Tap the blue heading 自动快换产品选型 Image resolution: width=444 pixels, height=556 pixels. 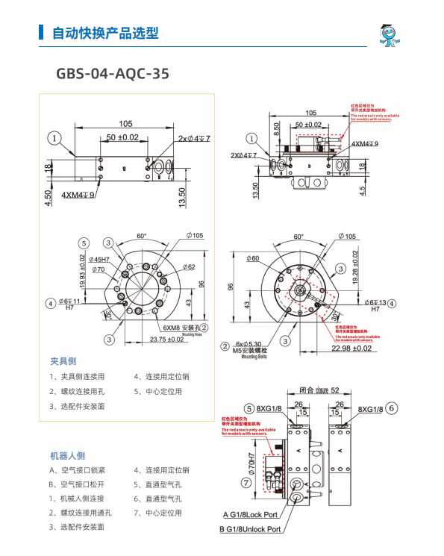(x=104, y=34)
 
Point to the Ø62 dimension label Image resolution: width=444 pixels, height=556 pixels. (x=187, y=266)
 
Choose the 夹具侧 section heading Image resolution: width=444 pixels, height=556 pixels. (x=63, y=361)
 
